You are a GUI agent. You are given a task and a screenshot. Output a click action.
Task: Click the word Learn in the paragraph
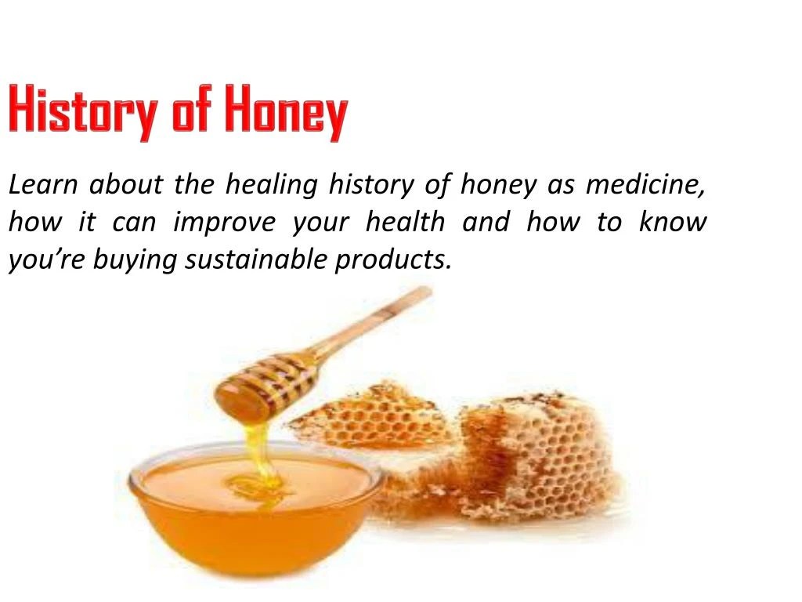(x=41, y=186)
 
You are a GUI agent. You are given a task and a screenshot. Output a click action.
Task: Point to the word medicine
(x=647, y=186)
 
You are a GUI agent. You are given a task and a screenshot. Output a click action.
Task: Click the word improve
(x=224, y=223)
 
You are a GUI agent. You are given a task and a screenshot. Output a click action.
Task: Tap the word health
(x=405, y=222)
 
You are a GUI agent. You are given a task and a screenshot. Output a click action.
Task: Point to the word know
(x=673, y=222)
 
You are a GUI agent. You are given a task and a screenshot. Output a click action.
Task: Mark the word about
(x=125, y=186)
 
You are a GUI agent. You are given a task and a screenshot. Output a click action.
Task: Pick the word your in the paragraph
(x=320, y=223)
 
